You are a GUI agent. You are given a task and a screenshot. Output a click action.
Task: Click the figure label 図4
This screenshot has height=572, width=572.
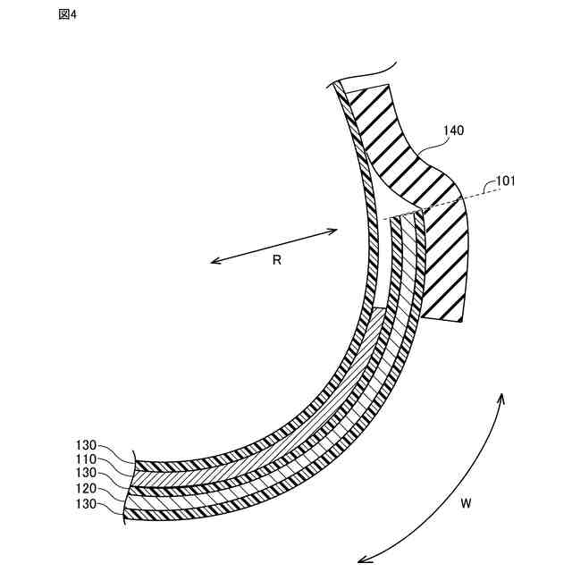[67, 15]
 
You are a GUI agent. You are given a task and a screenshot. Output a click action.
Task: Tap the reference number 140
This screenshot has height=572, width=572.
[453, 130]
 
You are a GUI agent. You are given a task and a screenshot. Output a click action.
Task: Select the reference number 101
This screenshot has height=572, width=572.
[506, 181]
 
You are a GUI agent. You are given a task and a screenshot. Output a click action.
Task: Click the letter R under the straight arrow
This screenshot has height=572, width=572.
[277, 261]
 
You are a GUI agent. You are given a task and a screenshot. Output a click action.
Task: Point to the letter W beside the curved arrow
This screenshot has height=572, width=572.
[466, 504]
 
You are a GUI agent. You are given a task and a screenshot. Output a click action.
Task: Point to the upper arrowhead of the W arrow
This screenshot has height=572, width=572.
[501, 396]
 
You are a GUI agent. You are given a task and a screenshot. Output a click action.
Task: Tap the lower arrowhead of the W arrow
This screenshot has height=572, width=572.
[362, 560]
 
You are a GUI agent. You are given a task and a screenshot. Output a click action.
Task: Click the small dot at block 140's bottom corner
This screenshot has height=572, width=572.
[459, 319]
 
